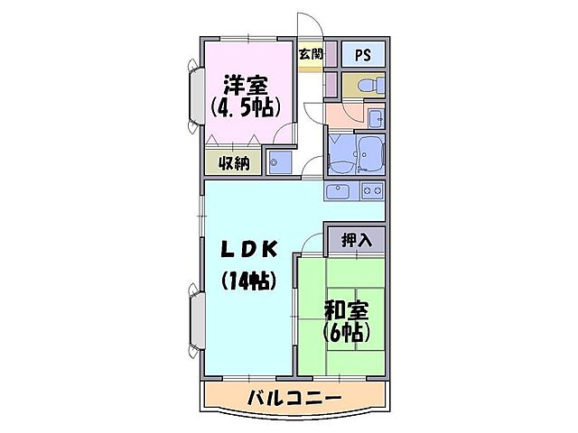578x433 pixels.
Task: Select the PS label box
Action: coord(362,53)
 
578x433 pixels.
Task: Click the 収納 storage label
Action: coord(232,163)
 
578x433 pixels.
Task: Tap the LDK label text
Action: coord(245,250)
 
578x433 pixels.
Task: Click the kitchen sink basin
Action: coord(339,190)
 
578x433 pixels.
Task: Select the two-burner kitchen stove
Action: coord(371,190)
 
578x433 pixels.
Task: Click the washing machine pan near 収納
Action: coord(280,162)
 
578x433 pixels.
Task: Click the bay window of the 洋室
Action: coord(196,94)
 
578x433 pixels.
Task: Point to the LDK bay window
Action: coord(196,318)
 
